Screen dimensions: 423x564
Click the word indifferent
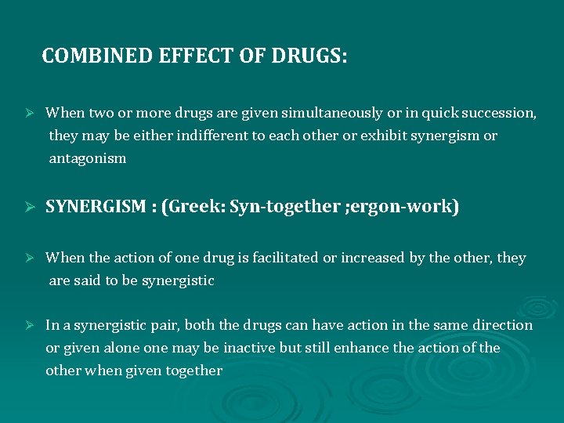(x=208, y=136)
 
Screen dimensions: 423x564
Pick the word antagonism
(x=87, y=158)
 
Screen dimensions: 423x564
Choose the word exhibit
(x=385, y=136)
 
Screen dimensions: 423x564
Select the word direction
(x=502, y=325)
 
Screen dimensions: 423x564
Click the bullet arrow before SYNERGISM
(x=31, y=208)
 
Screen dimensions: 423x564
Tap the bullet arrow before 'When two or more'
(x=31, y=113)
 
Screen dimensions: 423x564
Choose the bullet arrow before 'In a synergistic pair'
(x=31, y=325)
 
